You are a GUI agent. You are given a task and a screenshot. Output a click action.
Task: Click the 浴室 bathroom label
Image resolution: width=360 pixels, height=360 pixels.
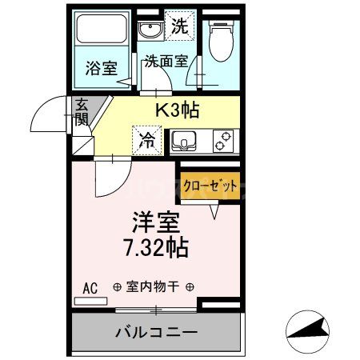point(101,68)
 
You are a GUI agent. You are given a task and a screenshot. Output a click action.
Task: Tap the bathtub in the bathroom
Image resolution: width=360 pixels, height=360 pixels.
point(101,34)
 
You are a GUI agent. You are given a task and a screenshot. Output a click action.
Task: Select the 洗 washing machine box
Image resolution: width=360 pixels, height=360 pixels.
point(180,26)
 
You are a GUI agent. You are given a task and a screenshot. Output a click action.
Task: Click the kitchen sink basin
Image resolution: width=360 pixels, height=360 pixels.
point(186,142)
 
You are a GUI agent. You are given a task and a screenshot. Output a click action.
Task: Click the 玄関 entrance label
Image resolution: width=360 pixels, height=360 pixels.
point(82,112)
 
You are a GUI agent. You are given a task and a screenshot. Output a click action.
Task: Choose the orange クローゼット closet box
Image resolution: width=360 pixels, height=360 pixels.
point(210,186)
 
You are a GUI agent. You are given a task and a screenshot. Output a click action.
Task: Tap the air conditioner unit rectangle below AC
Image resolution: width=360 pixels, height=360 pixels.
point(90,302)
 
